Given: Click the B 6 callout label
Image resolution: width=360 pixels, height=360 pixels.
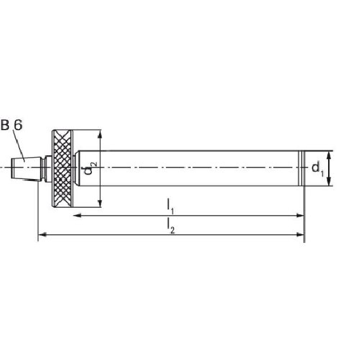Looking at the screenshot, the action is (x=11, y=125).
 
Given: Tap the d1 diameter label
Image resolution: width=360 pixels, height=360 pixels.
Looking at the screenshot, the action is (x=318, y=168).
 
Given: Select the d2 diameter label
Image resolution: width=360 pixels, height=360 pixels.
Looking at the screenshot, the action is (x=91, y=168).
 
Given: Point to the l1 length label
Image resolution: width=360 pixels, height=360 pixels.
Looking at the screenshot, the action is (x=170, y=206).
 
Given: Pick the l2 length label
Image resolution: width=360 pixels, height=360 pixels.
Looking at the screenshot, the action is (x=171, y=226).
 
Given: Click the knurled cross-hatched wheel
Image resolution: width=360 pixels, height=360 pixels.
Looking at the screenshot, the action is (x=63, y=168).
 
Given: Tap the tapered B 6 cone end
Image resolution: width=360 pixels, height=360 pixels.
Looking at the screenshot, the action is (x=26, y=168).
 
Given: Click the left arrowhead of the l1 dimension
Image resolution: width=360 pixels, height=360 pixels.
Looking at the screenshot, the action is (x=77, y=215).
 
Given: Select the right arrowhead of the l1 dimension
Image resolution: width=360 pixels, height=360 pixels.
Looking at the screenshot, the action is (x=301, y=215).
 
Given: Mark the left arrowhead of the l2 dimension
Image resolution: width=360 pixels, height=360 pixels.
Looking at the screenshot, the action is (x=42, y=235).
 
